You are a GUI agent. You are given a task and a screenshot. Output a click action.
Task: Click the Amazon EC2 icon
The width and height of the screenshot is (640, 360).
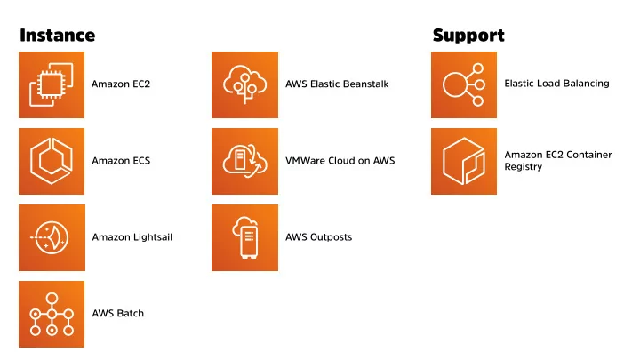52,84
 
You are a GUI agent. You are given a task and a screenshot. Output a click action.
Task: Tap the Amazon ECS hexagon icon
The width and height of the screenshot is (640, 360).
52,161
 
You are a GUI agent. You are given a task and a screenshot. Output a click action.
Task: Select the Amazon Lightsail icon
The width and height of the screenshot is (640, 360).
52,237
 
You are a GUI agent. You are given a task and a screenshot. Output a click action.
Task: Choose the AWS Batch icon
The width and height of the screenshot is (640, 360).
52,314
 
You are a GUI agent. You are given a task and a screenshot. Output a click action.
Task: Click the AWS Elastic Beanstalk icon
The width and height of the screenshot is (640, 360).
245,84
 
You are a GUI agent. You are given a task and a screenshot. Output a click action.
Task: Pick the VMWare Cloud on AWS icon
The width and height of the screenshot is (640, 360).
245,161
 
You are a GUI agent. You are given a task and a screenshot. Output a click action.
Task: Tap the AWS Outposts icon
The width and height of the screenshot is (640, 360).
245,237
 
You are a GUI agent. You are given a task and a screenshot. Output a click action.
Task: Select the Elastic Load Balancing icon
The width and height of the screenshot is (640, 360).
464,84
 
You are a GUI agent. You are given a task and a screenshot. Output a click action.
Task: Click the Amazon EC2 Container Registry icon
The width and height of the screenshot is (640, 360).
464,161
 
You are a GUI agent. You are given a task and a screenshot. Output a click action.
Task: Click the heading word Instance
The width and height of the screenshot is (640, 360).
58,36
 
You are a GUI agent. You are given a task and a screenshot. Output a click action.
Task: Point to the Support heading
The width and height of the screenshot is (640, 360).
468,36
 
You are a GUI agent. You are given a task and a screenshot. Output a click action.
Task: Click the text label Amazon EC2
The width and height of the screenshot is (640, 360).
121,84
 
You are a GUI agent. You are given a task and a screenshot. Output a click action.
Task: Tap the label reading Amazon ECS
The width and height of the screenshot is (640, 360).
121,161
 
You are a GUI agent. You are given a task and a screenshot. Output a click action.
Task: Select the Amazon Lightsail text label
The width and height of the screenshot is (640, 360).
132,237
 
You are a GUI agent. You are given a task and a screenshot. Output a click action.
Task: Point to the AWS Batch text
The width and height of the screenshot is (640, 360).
118,313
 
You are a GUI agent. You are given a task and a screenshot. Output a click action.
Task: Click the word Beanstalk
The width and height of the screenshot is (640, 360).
365,84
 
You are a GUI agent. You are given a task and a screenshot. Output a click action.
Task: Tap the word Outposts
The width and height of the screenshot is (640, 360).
331,237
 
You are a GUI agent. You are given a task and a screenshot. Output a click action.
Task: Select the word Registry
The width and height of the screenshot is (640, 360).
524,167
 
